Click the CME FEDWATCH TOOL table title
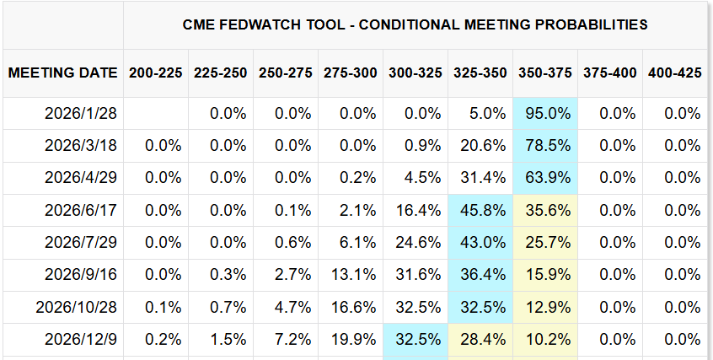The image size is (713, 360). [x=415, y=24]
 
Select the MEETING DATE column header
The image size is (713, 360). [x=63, y=73]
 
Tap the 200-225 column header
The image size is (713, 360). [x=156, y=73]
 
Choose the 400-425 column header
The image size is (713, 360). [x=674, y=73]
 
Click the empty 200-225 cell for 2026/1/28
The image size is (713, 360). [x=156, y=114]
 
